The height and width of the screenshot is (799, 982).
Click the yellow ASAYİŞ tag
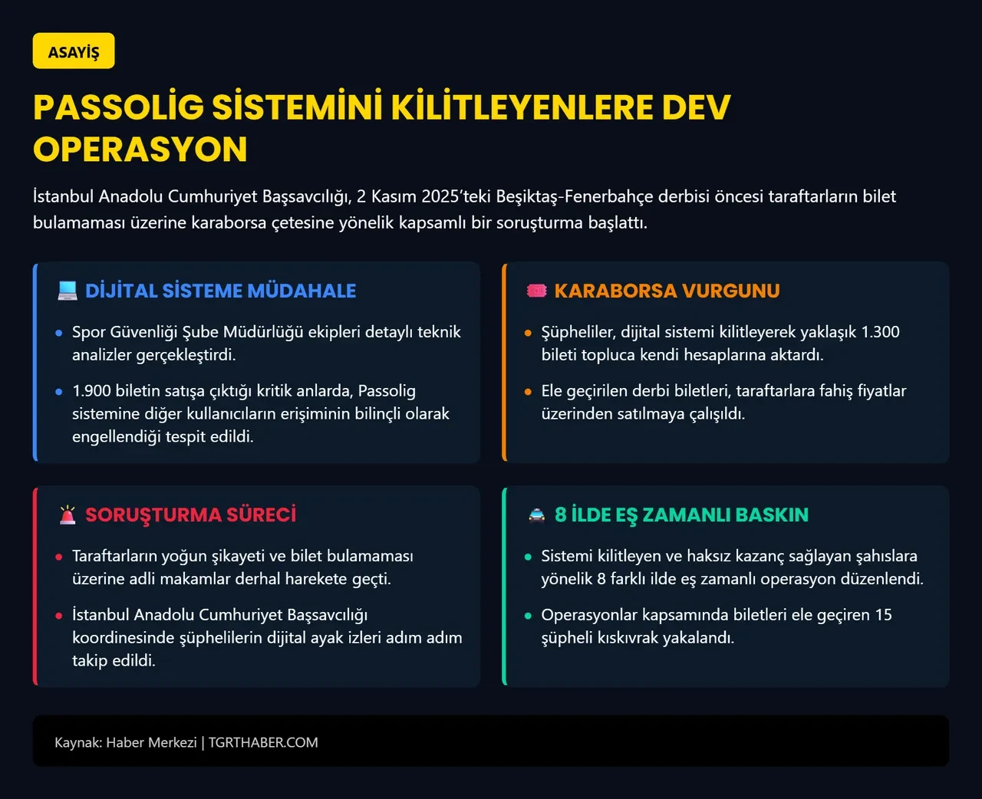click(74, 51)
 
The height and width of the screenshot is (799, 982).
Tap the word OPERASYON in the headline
click(140, 150)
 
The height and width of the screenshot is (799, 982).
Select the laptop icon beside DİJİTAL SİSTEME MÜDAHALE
click(68, 291)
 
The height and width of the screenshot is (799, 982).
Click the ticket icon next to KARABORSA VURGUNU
click(536, 291)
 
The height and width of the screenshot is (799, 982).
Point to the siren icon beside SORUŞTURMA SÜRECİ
click(68, 515)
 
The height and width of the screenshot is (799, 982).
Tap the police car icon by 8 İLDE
click(537, 515)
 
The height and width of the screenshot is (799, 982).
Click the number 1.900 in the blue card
click(91, 391)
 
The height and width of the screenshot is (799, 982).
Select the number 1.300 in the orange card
click(880, 332)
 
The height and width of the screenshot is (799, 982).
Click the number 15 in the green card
click(883, 615)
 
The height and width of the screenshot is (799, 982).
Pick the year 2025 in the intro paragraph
click(440, 196)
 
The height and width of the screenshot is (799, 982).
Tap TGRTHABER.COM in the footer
click(263, 742)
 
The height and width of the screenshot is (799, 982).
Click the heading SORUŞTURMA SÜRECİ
click(190, 515)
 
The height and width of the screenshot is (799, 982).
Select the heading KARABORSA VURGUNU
click(667, 291)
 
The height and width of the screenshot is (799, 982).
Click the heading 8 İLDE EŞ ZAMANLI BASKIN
click(681, 515)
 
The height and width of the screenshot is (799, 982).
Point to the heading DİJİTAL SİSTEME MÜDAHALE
click(220, 291)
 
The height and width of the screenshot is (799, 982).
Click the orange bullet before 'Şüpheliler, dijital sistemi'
click(528, 333)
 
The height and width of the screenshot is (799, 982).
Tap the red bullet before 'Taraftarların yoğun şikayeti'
click(59, 557)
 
